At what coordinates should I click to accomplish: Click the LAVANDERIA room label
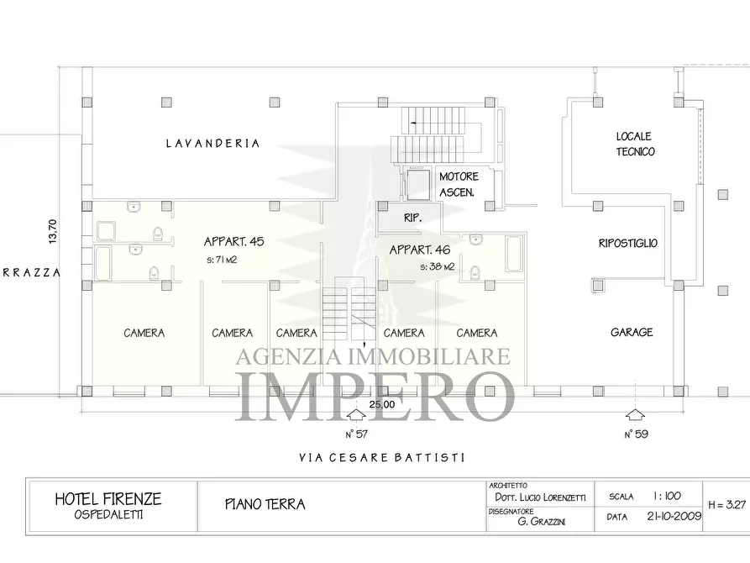pyautogui.click(x=212, y=144)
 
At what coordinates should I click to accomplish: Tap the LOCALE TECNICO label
pyautogui.click(x=635, y=144)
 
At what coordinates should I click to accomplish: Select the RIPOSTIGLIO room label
pyautogui.click(x=627, y=244)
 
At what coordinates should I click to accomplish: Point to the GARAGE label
pyautogui.click(x=632, y=333)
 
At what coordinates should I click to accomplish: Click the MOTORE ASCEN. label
pyautogui.click(x=458, y=184)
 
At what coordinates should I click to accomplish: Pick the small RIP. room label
pyautogui.click(x=412, y=217)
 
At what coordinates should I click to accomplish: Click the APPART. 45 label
pyautogui.click(x=234, y=242)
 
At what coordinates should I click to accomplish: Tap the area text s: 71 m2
pyautogui.click(x=221, y=260)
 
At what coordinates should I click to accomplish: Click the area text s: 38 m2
pyautogui.click(x=437, y=266)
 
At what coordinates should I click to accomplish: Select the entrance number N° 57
pyautogui.click(x=356, y=434)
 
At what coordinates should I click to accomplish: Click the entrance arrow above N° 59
pyautogui.click(x=635, y=415)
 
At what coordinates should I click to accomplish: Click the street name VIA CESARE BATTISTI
pyautogui.click(x=381, y=458)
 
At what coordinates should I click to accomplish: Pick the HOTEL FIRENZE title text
pyautogui.click(x=108, y=498)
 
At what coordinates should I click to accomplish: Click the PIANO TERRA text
pyautogui.click(x=265, y=505)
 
